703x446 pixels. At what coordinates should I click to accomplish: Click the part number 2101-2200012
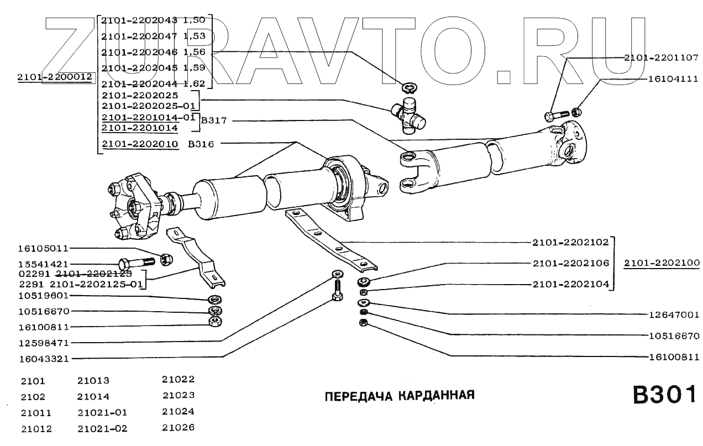(x=54, y=78)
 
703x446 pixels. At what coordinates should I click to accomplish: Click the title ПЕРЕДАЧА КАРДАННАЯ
(x=399, y=396)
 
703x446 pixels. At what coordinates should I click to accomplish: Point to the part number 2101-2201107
(x=662, y=57)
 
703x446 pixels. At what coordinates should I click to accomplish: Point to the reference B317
(x=211, y=120)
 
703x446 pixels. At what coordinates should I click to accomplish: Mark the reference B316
(x=201, y=144)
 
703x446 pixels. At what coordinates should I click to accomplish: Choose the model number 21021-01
(x=102, y=412)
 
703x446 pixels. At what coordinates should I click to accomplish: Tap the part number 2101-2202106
(x=570, y=263)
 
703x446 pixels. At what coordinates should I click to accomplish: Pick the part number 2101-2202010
(x=140, y=144)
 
